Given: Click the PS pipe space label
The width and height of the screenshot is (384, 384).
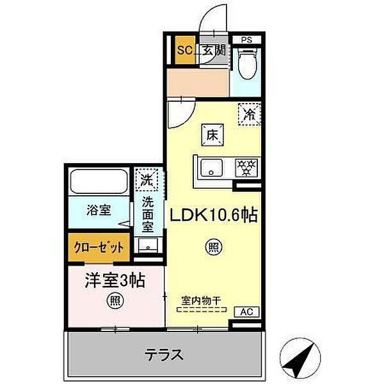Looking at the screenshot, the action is (246, 40).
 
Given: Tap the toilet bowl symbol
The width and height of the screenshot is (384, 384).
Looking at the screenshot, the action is (246, 63).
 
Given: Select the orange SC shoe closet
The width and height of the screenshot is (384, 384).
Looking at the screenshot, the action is (185, 50).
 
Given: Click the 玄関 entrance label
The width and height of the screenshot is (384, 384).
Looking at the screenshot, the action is (214, 51).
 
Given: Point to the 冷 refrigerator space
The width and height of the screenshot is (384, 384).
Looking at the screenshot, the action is (250, 114).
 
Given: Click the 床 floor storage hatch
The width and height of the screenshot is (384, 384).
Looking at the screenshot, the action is (212, 135).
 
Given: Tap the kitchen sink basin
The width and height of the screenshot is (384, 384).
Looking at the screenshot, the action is (212, 168).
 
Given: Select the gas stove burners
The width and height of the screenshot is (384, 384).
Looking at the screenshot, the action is (246, 168).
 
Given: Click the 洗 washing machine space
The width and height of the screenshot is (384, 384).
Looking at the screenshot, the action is (147, 179).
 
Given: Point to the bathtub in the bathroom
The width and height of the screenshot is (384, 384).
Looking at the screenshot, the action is (99, 182).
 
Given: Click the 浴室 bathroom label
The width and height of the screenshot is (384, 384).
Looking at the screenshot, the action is (99, 210).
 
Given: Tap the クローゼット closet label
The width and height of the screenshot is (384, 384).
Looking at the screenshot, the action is (99, 248).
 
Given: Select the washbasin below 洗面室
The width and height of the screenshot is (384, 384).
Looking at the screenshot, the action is (148, 245).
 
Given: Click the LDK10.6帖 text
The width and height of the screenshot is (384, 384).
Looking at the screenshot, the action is (214, 215).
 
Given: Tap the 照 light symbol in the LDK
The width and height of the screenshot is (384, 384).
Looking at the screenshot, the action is (214, 247).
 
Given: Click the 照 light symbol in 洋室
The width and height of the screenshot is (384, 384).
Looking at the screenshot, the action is (115, 301).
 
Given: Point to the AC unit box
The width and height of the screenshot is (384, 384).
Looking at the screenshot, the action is (246, 312).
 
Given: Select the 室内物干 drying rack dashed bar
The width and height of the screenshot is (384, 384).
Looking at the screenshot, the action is (202, 310).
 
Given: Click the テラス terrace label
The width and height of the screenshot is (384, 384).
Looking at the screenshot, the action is (164, 355).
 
